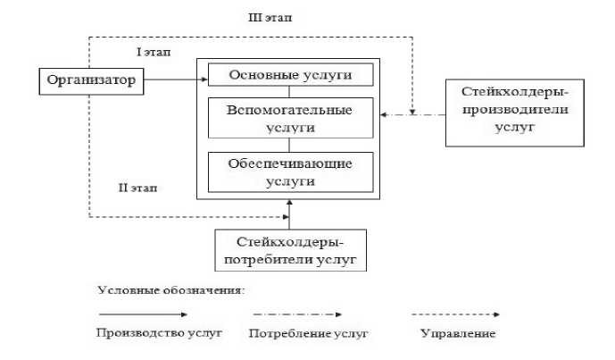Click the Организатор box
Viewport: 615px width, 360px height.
click(x=90, y=81)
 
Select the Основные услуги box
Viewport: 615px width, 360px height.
click(x=290, y=74)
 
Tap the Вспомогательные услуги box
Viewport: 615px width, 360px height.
click(x=290, y=118)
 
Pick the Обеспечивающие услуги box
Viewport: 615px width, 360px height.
click(x=290, y=172)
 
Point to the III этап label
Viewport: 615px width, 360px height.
click(x=269, y=17)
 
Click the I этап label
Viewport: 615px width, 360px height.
click(x=153, y=54)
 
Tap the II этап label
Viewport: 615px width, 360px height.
click(x=138, y=187)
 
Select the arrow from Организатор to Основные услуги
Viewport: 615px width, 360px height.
click(x=175, y=81)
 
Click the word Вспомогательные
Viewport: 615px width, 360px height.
click(x=290, y=110)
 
